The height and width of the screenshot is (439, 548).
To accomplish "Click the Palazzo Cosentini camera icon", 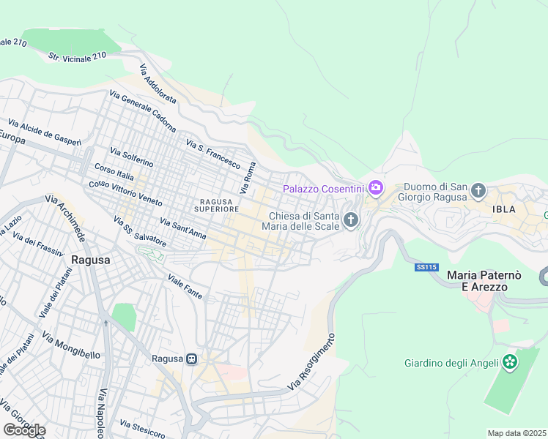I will [376, 189].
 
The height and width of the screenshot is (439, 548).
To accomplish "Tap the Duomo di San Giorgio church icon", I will [478, 192].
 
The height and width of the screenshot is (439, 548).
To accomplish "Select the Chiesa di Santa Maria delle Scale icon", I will [352, 219].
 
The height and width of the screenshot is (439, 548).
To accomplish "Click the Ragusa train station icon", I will [191, 359].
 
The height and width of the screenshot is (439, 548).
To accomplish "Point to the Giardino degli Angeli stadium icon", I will [510, 363].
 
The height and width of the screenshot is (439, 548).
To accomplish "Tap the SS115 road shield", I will [426, 268].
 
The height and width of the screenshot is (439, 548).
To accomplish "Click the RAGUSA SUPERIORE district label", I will [215, 205].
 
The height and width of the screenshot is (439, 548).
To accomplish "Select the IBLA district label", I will [503, 209].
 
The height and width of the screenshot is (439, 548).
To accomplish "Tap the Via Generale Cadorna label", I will [143, 110].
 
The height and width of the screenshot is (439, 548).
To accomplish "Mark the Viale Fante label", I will [185, 286].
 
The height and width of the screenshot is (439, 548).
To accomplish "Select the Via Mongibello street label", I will [71, 348].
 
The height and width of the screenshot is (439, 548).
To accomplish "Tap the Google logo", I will [24, 430].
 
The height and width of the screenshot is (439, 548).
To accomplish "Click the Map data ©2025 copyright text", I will [516, 433].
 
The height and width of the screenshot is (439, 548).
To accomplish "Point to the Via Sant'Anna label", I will [182, 228].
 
